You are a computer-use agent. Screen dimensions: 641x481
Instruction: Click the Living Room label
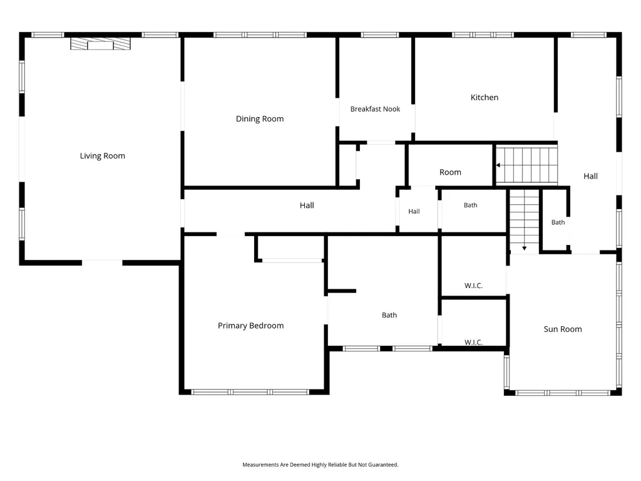pos(102,156)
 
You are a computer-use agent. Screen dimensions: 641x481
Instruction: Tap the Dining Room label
pos(260,119)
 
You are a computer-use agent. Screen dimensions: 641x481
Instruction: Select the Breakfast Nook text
pos(376,109)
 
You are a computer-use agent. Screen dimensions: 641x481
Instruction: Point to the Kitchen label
pos(485,97)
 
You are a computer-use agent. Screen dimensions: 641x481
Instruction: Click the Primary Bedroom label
pos(250,326)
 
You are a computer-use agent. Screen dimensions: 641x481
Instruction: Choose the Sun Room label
pos(563,329)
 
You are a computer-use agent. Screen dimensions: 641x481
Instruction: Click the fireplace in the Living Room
pos(100,44)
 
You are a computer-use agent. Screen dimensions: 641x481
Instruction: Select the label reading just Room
pos(450,172)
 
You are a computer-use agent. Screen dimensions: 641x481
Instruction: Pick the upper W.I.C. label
pos(473,286)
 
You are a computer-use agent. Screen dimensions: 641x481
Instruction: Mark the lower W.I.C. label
pos(473,342)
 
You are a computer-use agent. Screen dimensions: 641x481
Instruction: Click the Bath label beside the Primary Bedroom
pos(389,315)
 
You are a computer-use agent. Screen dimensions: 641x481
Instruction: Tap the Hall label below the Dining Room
pos(307,205)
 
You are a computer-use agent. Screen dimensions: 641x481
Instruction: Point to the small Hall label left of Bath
pos(414,212)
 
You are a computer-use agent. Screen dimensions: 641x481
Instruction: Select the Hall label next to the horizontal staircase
pos(590,176)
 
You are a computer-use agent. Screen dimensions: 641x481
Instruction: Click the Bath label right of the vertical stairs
pos(558,222)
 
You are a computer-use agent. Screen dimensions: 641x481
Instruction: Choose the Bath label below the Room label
pos(470,205)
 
